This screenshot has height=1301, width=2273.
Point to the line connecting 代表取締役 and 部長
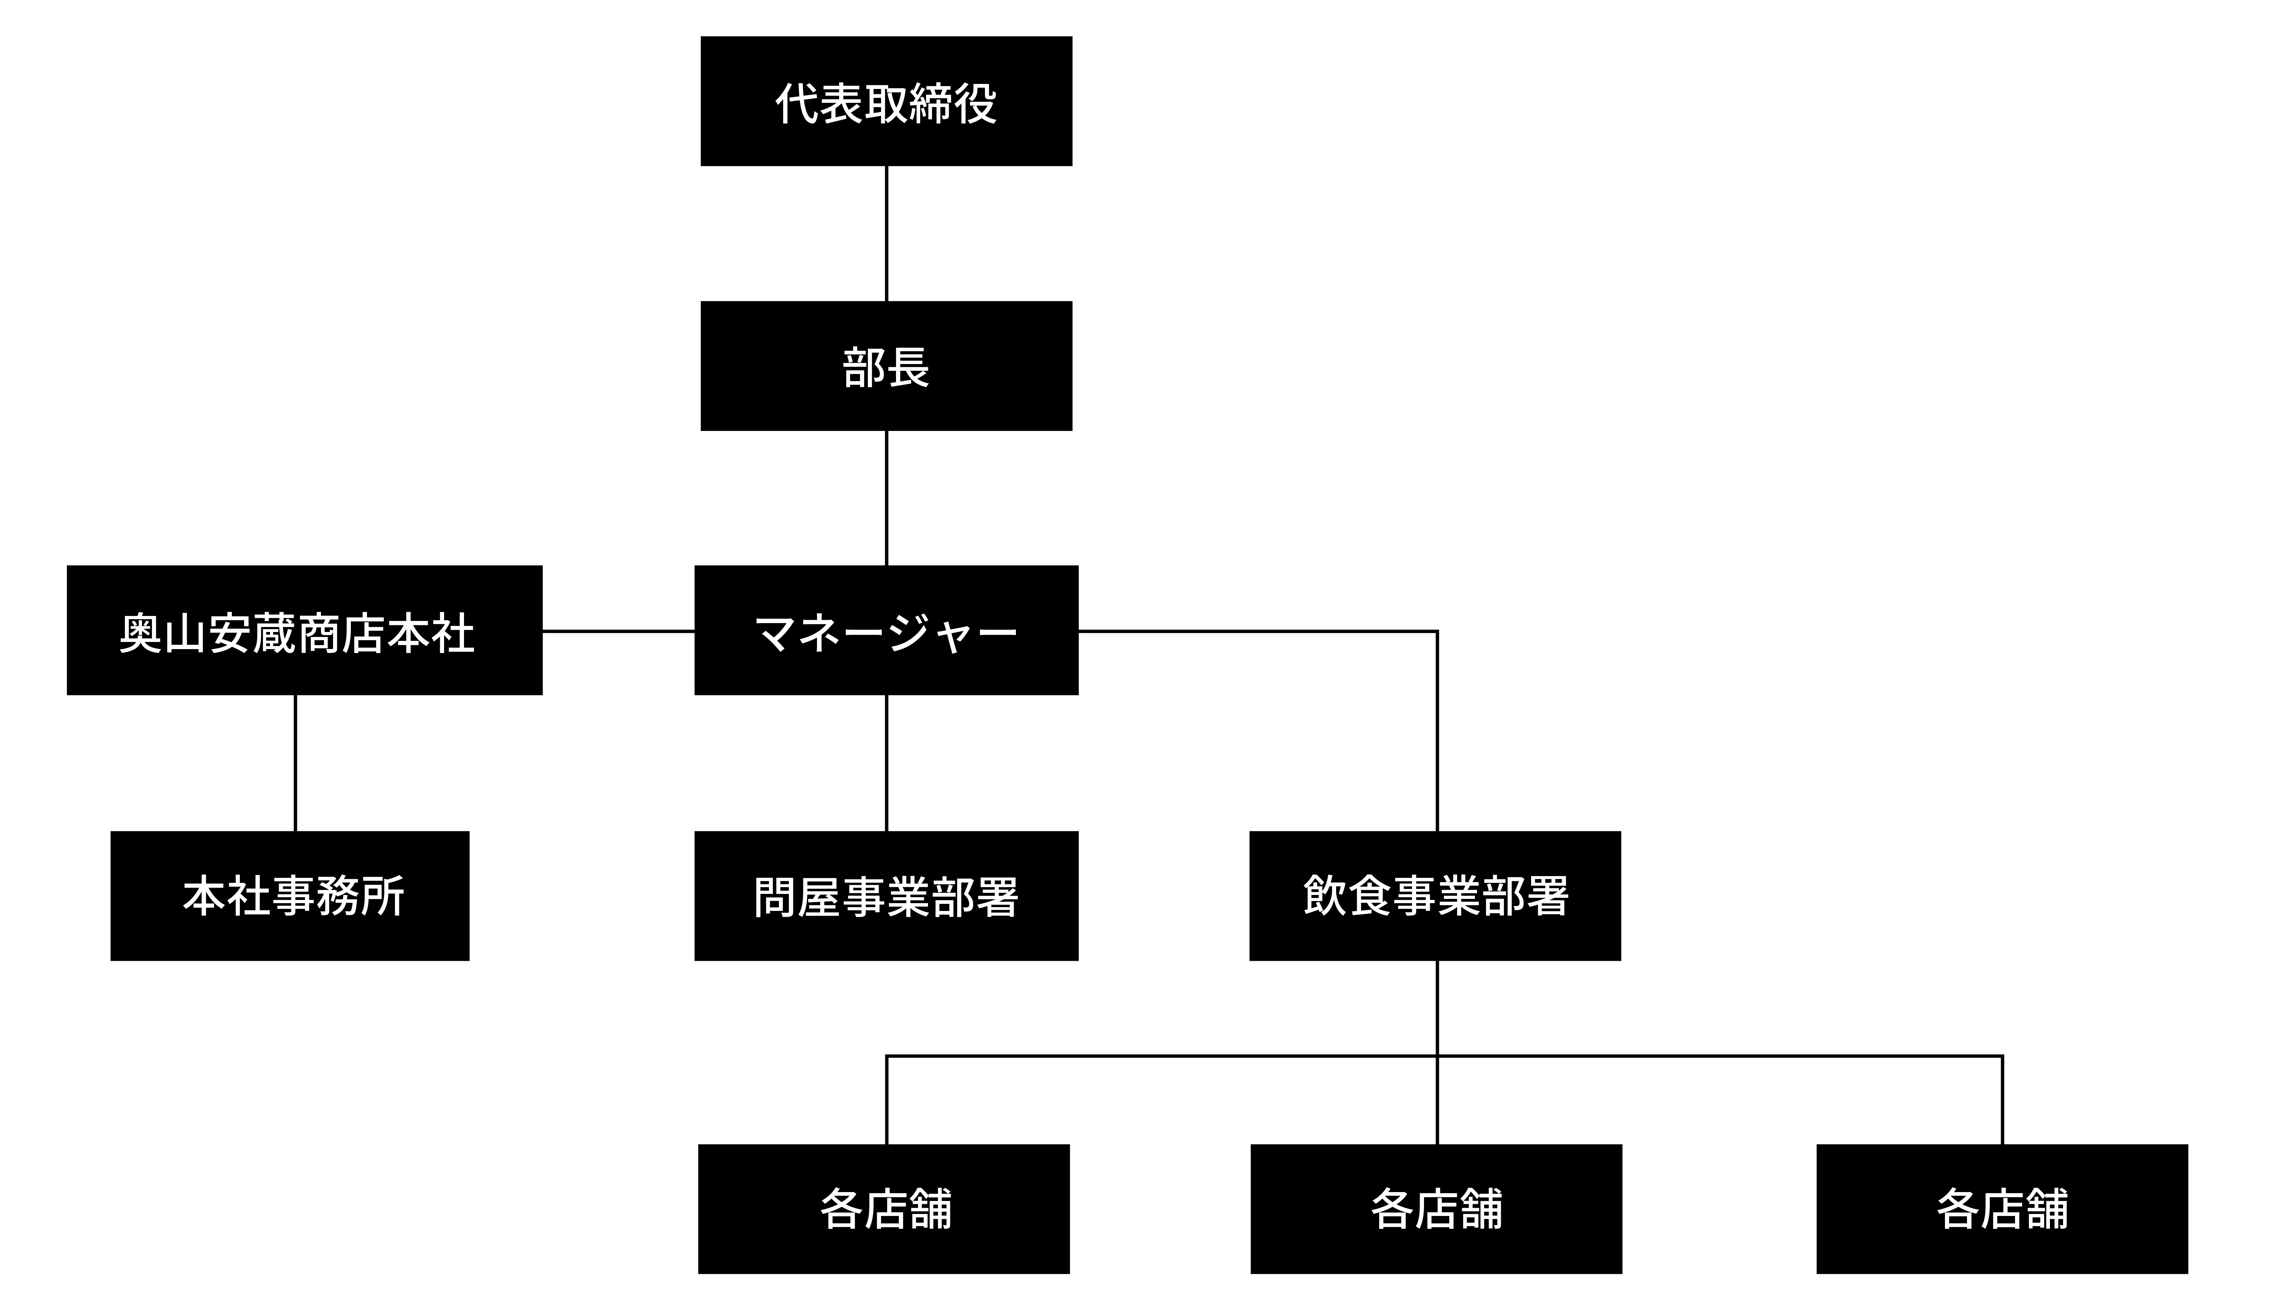point(886,233)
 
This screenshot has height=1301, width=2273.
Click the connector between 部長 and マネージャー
point(886,498)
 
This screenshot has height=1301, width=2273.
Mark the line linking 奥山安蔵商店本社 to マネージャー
point(618,631)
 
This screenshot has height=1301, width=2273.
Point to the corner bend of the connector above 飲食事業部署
point(1437,632)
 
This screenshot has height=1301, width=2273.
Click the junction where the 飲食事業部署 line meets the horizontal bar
point(1437,1056)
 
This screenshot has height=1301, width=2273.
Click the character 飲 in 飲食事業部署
point(1324,896)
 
